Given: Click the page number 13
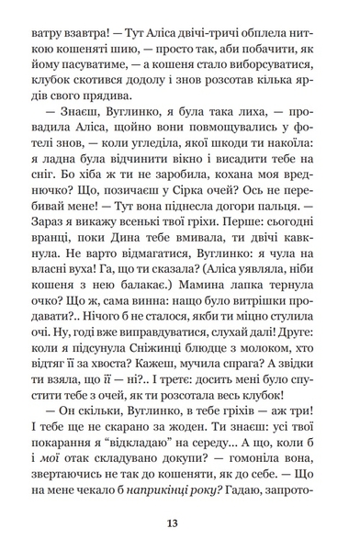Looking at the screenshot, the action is click(179, 524).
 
